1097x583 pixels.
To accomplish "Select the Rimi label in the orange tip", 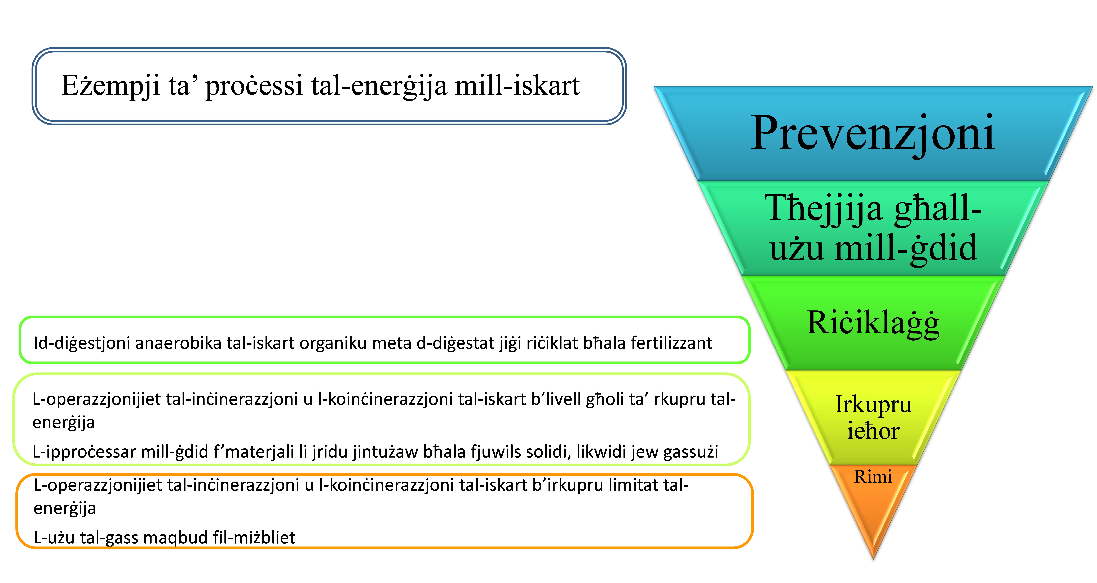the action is point(873,477).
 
